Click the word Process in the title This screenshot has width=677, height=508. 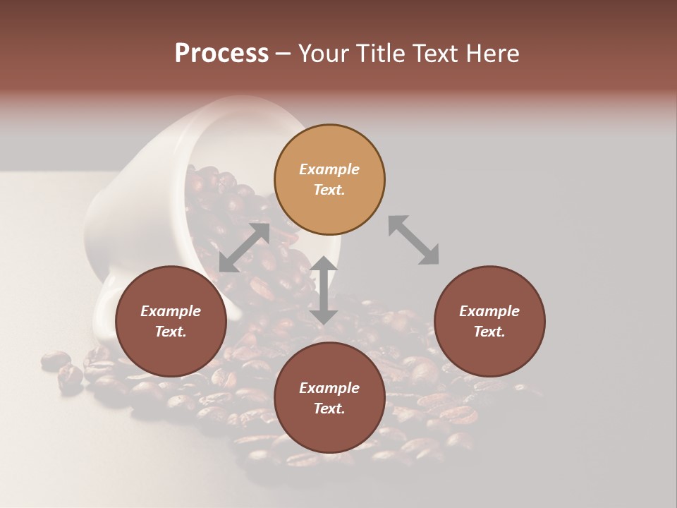tap(221, 54)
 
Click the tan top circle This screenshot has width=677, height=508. tap(329, 179)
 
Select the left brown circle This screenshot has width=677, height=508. tap(171, 321)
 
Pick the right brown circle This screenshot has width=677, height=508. tap(489, 321)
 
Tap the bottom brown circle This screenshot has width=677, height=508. tap(329, 398)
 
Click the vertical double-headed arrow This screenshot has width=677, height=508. tap(324, 290)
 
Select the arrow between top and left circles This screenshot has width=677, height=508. tap(244, 247)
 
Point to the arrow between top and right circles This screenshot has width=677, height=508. tap(413, 240)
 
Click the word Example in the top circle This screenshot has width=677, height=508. tap(329, 169)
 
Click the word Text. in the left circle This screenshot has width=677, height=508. tap(171, 332)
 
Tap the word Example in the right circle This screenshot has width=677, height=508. tap(489, 311)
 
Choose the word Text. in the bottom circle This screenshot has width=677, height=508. tap(329, 409)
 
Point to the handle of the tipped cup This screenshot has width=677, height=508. tap(106, 310)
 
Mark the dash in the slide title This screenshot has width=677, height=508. tap(283, 54)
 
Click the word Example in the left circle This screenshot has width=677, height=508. tap(171, 311)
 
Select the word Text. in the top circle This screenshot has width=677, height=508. tap(329, 190)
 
